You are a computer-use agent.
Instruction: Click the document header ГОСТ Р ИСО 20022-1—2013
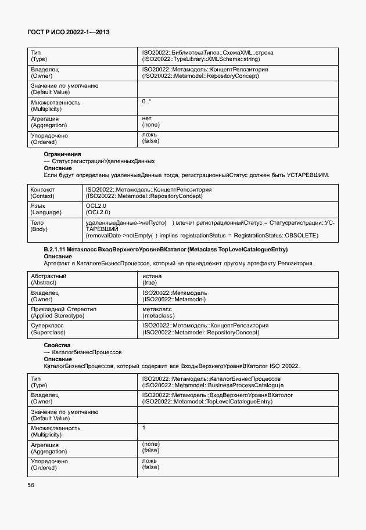tap(69, 33)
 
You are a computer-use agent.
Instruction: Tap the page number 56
tap(31, 485)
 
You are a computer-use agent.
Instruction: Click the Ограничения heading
tap(62, 154)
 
